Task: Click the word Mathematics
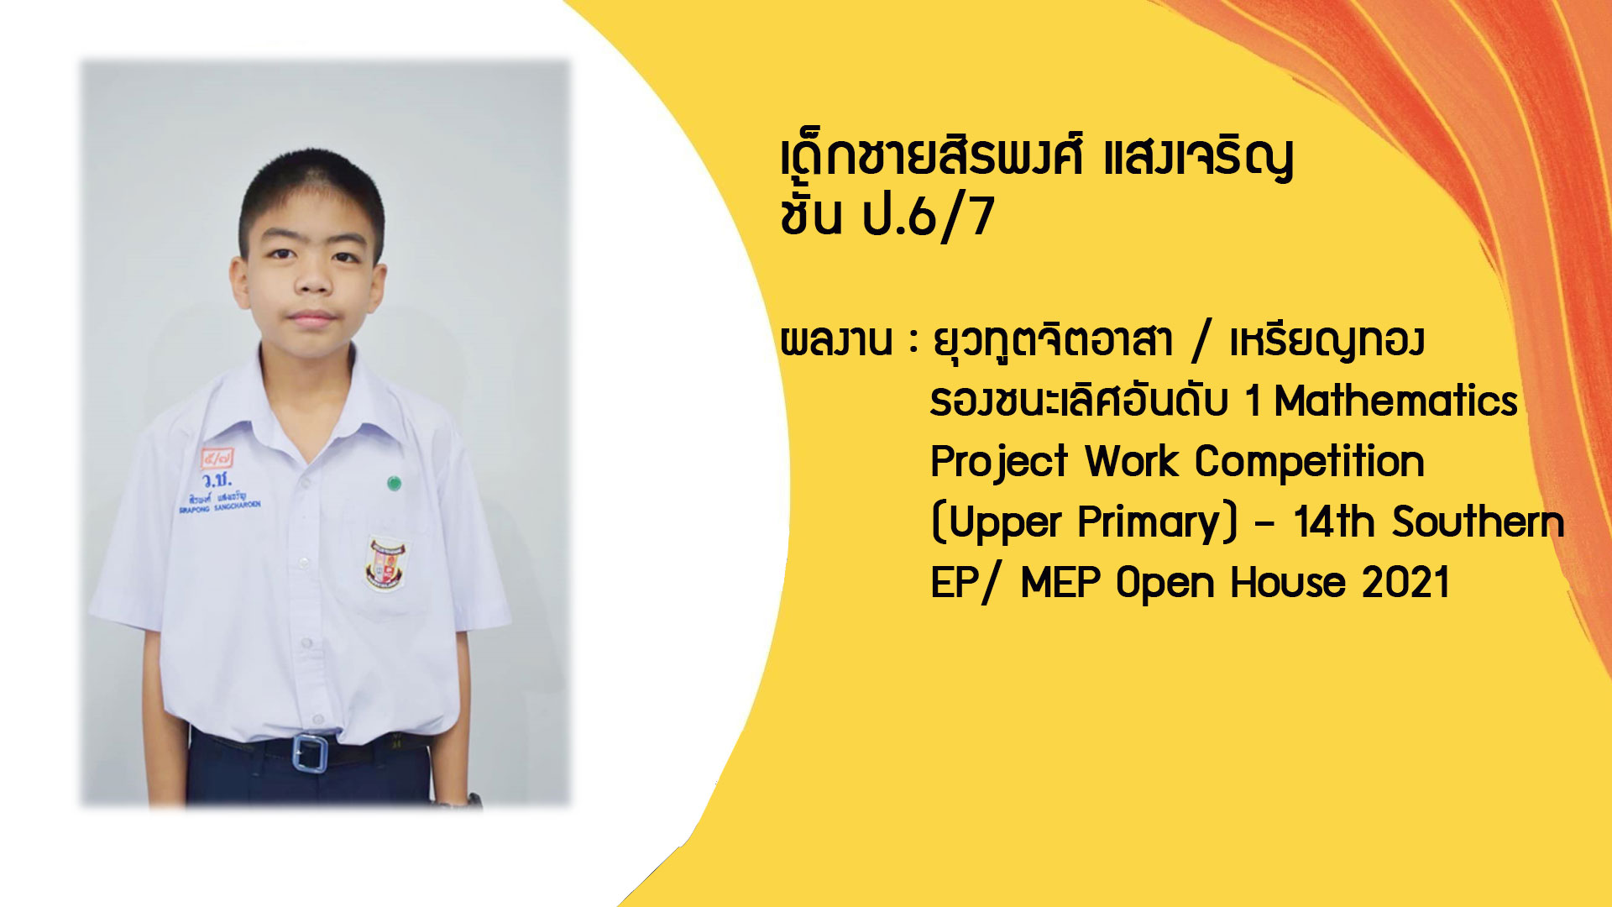pyautogui.click(x=1395, y=401)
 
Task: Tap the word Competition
pyautogui.click(x=1309, y=462)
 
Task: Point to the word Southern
pyautogui.click(x=1478, y=522)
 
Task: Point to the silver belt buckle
pyautogui.click(x=310, y=752)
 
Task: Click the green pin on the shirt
pyautogui.click(x=393, y=482)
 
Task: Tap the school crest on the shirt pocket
pyautogui.click(x=386, y=563)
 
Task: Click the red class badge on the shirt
pyautogui.click(x=217, y=459)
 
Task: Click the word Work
pyautogui.click(x=1130, y=462)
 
